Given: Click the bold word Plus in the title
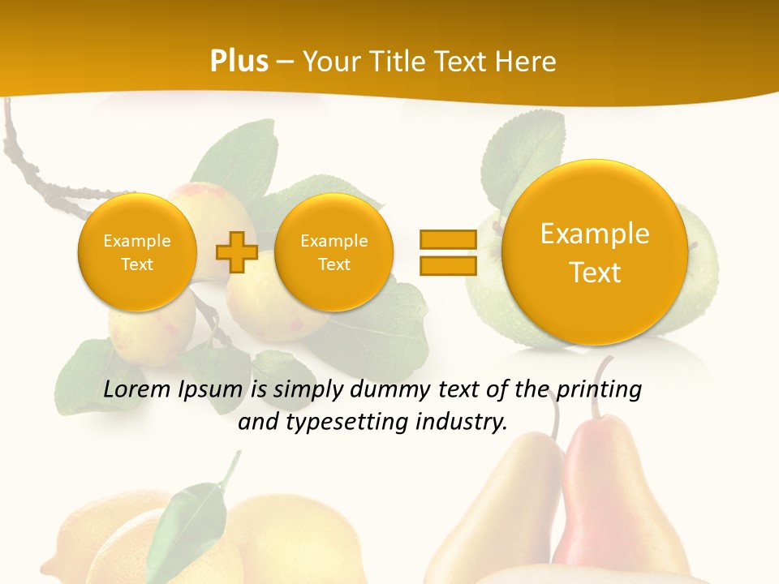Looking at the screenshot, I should pyautogui.click(x=239, y=61).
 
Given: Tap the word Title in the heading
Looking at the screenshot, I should pyautogui.click(x=402, y=61).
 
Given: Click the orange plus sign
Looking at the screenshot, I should pyautogui.click(x=236, y=252).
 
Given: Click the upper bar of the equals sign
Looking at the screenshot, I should pyautogui.click(x=447, y=239).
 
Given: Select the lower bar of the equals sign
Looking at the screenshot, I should pyautogui.click(x=447, y=266).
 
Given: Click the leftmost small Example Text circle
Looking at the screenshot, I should pyautogui.click(x=137, y=252).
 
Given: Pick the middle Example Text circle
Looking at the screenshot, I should pyautogui.click(x=334, y=252).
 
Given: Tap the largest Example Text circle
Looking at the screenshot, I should pyautogui.click(x=595, y=253).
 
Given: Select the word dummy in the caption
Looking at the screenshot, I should pyautogui.click(x=388, y=389).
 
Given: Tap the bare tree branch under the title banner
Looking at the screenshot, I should pyautogui.click(x=32, y=162).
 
